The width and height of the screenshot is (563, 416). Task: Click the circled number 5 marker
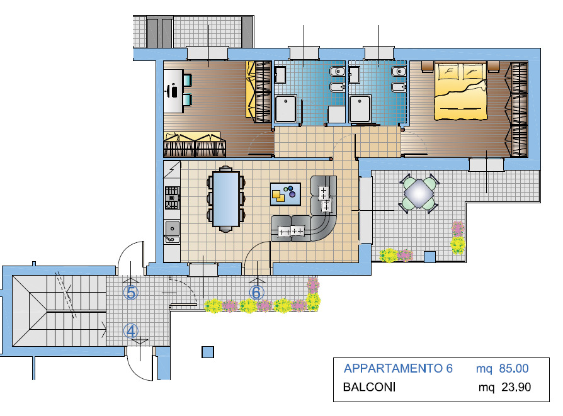click(131, 293)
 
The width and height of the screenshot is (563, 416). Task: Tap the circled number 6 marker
click(256, 293)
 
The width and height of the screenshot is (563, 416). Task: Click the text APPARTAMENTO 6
click(398, 369)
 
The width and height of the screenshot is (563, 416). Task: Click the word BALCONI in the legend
click(370, 387)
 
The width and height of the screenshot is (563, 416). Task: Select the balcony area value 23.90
click(516, 387)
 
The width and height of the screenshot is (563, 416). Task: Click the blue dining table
click(226, 199)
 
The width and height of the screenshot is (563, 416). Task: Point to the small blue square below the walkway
click(208, 352)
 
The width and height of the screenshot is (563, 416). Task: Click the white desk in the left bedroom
click(173, 91)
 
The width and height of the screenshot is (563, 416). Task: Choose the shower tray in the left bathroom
click(286, 109)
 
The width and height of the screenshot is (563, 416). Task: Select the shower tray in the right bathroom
click(361, 109)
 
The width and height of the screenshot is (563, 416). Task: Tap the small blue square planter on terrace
click(429, 256)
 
